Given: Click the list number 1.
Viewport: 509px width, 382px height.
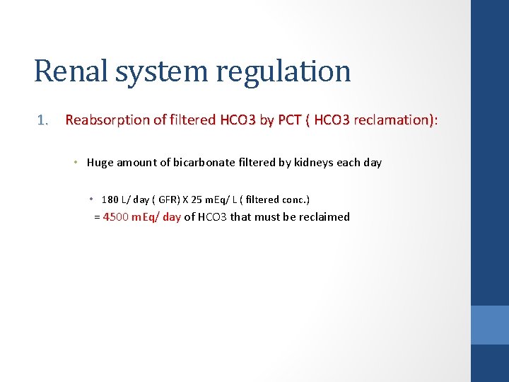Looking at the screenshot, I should coord(43,120).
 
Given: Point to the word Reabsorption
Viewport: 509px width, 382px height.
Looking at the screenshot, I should coord(105,120).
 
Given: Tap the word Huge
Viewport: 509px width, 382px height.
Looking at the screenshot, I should coord(100,163).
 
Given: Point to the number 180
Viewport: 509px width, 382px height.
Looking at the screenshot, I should coord(110,199).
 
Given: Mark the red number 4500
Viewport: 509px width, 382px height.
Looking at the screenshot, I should coord(116,217).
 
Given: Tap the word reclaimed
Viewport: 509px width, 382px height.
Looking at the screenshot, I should coord(324,217).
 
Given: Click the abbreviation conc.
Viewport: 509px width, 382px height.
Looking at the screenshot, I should coord(294,199).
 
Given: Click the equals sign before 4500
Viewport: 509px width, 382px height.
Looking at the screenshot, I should coord(97,217).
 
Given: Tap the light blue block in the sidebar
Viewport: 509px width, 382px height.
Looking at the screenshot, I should coord(489,325).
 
